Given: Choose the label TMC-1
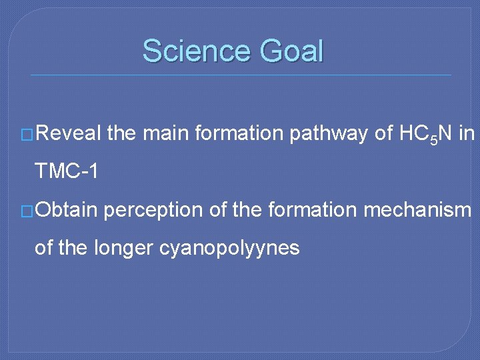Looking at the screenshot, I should point(67,171).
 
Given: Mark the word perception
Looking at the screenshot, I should point(154,211).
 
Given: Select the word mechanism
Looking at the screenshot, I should point(417,211).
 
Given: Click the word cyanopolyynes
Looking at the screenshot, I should point(229,248).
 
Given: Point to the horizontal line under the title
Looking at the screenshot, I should point(240,75).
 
